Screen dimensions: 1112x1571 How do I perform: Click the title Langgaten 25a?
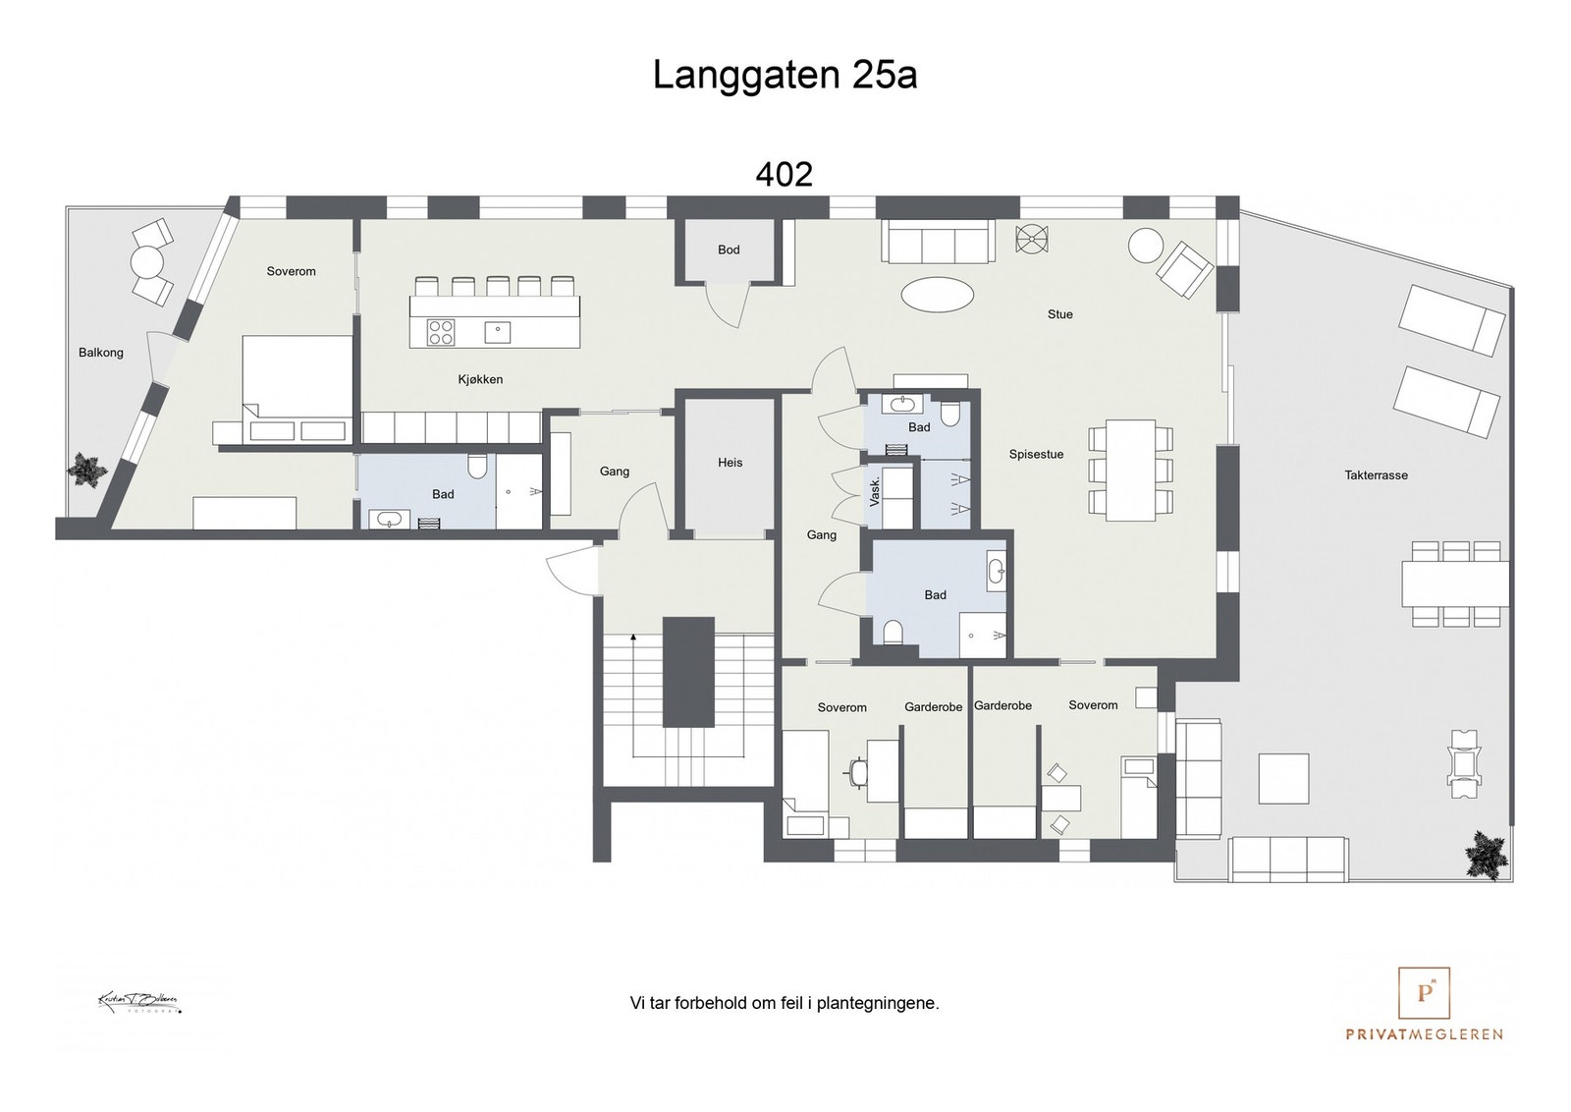pos(785,76)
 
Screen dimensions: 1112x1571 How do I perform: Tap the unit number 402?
pos(784,175)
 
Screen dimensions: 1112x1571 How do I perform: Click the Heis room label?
pos(730,463)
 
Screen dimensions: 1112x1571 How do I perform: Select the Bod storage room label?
pos(729,250)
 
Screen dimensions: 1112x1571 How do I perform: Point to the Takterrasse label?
pos(1376,475)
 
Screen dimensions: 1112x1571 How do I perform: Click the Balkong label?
pos(101,353)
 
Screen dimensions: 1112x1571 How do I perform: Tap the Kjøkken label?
pos(480,379)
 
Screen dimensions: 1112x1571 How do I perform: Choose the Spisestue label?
pos(1036,455)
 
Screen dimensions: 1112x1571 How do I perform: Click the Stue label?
pos(1059,314)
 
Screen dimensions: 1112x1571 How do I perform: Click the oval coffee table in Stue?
pos(939,294)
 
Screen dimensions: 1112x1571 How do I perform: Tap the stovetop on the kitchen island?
pos(441,332)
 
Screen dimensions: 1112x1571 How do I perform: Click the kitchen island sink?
pos(497,332)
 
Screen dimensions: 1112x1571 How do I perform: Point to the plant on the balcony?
pos(87,472)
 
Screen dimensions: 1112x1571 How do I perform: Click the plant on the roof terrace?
pos(1486,853)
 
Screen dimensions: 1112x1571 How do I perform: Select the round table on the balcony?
pos(147,262)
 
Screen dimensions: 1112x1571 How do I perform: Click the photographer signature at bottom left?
pos(138,1003)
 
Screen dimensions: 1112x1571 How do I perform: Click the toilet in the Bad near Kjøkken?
pos(478,466)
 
